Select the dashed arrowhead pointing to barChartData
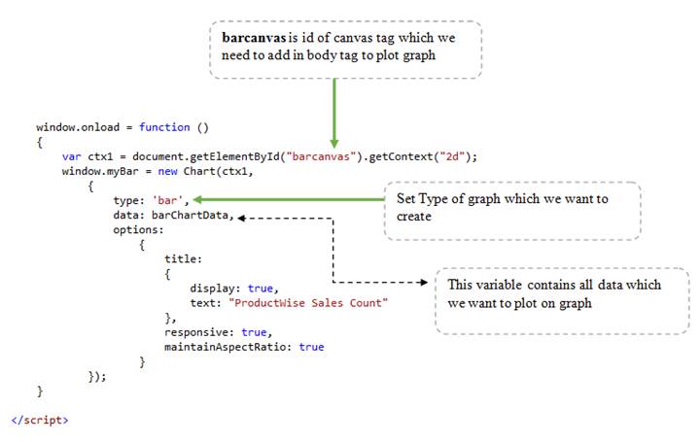(242, 218)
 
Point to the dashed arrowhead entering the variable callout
(423, 284)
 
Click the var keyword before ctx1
(71, 156)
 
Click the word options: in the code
(138, 230)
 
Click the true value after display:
(261, 289)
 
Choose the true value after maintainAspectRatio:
(312, 347)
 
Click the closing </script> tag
(40, 420)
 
